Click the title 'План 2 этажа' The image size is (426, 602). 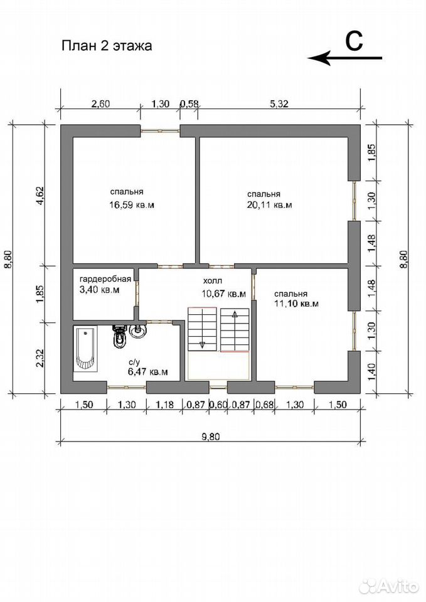coord(107,46)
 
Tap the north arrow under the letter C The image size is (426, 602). coord(345,58)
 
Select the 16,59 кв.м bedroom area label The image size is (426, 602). coord(132,204)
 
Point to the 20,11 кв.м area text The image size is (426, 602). coord(269,204)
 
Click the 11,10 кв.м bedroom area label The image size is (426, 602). coord(296,304)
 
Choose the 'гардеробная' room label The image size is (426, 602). coord(105,279)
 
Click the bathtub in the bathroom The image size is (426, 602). coord(86,349)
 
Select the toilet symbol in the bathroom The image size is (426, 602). coord(119,335)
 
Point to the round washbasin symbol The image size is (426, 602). coord(137,330)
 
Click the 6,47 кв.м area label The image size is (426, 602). coord(148,372)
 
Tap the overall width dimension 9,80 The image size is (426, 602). coord(210,436)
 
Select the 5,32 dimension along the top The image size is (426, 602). coord(279,103)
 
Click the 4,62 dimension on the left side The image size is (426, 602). coord(41,196)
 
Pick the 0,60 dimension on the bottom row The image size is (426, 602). coord(218,404)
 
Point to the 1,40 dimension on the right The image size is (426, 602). coord(371,371)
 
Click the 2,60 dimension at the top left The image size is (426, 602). coord(100,103)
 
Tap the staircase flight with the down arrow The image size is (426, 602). coord(201,329)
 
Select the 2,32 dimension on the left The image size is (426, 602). coord(41,358)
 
